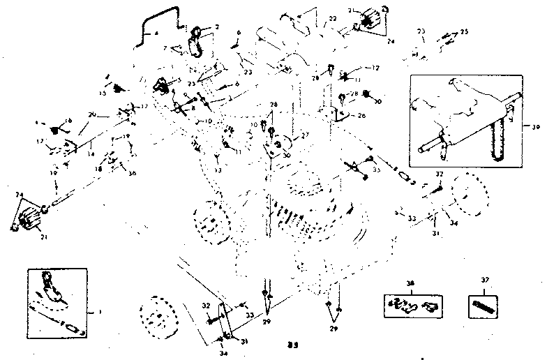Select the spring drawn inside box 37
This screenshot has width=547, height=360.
tap(482, 304)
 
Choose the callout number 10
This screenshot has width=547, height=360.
tap(207, 121)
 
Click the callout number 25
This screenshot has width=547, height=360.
tap(465, 33)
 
